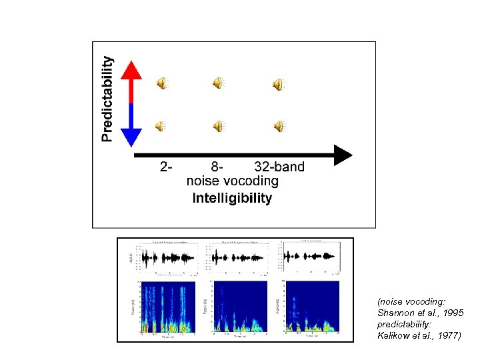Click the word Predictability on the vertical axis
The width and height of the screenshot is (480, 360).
click(x=107, y=99)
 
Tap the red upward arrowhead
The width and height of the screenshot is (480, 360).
click(x=132, y=71)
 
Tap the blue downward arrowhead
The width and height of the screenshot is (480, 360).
click(x=132, y=137)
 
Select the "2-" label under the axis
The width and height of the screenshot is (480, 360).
click(x=166, y=167)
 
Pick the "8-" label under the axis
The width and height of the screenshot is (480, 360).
click(x=217, y=167)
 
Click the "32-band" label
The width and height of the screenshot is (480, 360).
click(x=279, y=167)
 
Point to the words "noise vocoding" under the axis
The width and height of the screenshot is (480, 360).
click(x=232, y=181)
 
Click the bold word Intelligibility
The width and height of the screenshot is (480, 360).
click(x=232, y=198)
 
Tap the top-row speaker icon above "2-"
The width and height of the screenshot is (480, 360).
click(x=162, y=83)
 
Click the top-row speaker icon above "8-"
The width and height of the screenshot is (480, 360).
click(x=218, y=83)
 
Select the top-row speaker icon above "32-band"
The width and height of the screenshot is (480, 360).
click(x=277, y=84)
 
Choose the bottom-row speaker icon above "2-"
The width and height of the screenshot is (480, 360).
click(x=162, y=125)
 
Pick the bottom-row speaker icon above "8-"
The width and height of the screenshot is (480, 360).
click(x=218, y=125)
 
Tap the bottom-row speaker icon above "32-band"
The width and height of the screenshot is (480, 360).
click(x=277, y=125)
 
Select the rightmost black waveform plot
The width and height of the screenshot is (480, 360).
click(x=311, y=256)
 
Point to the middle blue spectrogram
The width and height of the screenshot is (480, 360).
click(x=239, y=307)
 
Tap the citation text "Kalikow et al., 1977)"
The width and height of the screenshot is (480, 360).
click(x=419, y=336)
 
